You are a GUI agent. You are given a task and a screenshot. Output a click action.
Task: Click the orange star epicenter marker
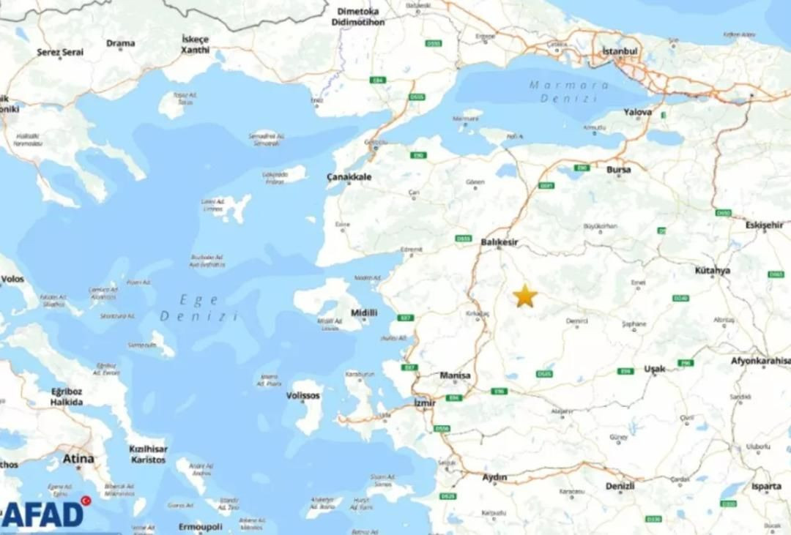click(x=524, y=296)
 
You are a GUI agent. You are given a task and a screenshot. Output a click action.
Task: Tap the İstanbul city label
click(x=620, y=51)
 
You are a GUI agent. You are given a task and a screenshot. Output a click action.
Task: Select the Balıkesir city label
click(x=500, y=241)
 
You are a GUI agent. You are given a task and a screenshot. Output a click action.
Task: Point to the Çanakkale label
click(x=349, y=177)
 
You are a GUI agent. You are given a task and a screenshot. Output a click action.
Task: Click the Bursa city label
click(x=618, y=169)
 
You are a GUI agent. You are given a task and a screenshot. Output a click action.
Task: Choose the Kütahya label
click(x=713, y=271)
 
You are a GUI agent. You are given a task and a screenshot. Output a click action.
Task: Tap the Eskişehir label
click(x=764, y=225)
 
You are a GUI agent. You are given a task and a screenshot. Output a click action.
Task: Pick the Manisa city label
click(x=455, y=375)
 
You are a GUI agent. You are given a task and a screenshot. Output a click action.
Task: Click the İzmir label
click(x=425, y=403)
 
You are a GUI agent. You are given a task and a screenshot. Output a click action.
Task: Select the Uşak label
click(x=654, y=370)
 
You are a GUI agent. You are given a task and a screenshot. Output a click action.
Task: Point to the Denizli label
click(x=620, y=486)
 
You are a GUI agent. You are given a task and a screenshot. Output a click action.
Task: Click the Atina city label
click(x=78, y=459)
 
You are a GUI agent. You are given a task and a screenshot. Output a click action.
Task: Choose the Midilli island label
click(x=364, y=313)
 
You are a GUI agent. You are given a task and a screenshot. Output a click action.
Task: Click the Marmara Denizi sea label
click(x=569, y=91)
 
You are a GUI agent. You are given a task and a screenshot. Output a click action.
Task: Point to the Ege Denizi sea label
click(x=199, y=308)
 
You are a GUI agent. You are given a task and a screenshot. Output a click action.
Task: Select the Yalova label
click(x=637, y=113)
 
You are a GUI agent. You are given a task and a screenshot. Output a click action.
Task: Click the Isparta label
click(x=766, y=487)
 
